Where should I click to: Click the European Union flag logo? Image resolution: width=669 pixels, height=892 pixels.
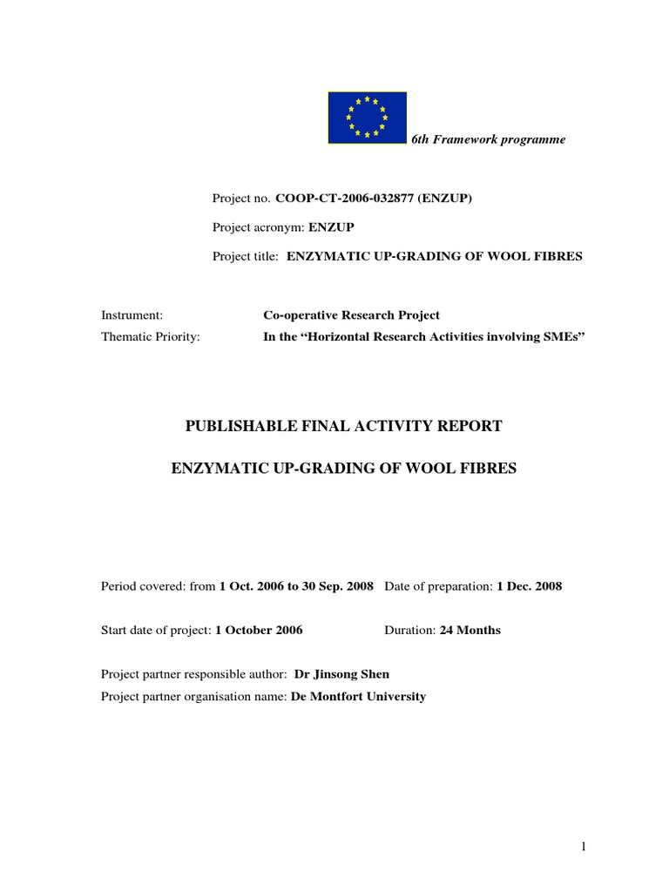[x=367, y=118]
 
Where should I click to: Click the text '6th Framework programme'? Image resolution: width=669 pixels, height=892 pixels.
[x=488, y=139]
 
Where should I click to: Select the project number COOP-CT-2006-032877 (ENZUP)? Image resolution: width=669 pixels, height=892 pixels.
[x=374, y=199]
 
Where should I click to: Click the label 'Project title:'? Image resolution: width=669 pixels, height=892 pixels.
[x=246, y=256]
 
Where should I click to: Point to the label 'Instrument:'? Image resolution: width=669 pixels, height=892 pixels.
[x=132, y=314]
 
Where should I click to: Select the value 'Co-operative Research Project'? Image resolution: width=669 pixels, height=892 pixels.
[x=352, y=314]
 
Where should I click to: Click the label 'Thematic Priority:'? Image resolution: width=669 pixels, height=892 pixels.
[x=151, y=337]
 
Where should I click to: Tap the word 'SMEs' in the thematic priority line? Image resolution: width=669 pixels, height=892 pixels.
[x=562, y=337]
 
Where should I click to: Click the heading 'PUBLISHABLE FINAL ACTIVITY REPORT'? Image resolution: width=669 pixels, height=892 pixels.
[x=343, y=426]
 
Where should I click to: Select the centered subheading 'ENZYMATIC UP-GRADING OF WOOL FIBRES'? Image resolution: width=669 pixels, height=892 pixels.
[x=343, y=469]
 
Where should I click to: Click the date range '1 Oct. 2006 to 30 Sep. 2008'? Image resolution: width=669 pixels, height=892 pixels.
[x=296, y=586]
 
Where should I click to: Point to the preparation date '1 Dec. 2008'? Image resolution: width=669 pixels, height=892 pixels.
[x=530, y=586]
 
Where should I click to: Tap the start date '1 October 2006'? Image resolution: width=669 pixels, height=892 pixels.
[x=260, y=630]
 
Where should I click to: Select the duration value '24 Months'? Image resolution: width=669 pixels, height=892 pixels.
[x=470, y=630]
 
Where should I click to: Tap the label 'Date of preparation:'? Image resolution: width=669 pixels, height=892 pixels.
[x=438, y=586]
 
